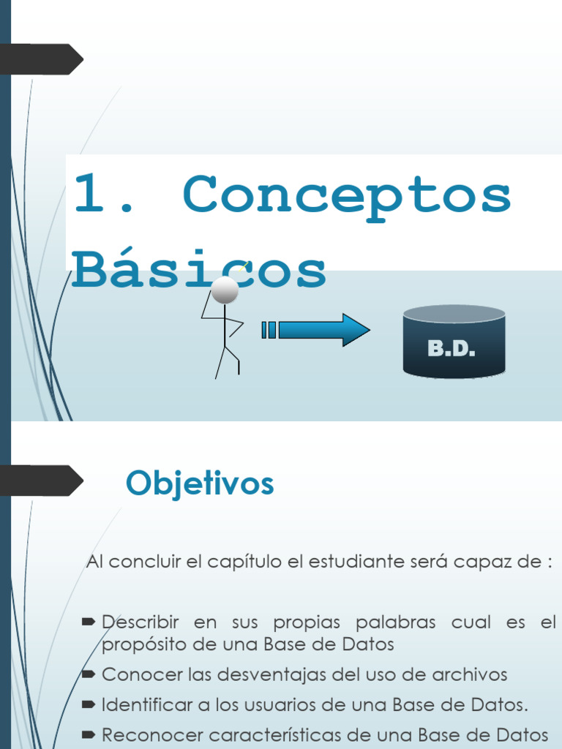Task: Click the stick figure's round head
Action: (225, 290)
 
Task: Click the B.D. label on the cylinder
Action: (452, 349)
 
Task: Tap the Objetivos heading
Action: (200, 483)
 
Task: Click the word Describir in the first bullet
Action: (140, 622)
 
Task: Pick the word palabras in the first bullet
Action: (395, 622)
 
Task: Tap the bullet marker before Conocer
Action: (89, 674)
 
